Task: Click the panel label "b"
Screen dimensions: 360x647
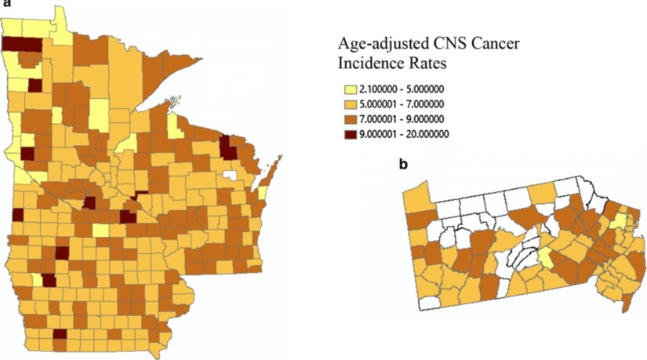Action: click(x=402, y=165)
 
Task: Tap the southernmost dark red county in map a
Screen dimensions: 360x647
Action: click(x=60, y=334)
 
